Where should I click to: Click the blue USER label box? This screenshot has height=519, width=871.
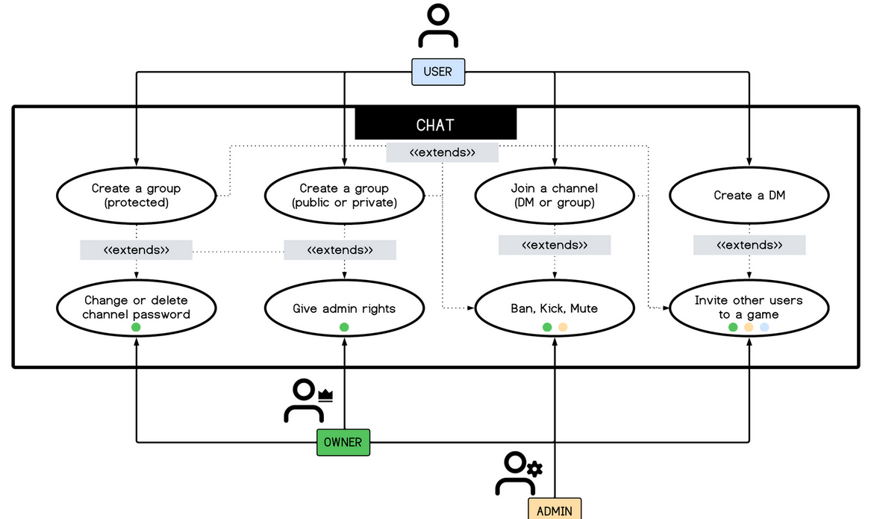tap(437, 72)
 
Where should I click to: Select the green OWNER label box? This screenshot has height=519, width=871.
tap(343, 442)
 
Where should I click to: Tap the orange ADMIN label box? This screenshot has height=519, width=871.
tap(555, 509)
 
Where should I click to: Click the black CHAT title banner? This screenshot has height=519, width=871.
tap(435, 125)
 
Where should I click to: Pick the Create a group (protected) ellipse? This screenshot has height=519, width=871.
tap(136, 196)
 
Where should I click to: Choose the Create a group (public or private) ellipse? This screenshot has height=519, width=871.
tap(344, 196)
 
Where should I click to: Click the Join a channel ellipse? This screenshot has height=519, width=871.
tap(554, 196)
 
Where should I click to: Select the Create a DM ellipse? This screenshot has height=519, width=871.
tap(749, 196)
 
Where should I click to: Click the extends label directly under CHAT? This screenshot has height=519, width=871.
tap(442, 152)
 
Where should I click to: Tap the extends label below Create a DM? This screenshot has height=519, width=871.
tap(749, 245)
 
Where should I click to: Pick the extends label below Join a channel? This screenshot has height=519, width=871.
tap(554, 245)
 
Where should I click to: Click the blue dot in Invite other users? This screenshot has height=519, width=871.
tap(764, 327)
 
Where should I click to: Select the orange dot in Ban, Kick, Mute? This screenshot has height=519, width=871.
tap(563, 327)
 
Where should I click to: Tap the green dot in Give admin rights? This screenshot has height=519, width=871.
tap(344, 327)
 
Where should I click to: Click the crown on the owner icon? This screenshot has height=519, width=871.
tap(325, 396)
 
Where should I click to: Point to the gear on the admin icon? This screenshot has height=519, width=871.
tap(534, 469)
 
